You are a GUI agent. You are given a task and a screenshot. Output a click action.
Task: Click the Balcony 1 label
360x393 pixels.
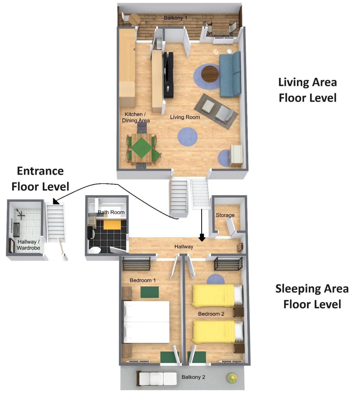175,18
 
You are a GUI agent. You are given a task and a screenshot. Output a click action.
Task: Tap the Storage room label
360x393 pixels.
225,215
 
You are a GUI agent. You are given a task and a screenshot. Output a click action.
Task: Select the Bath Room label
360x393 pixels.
111,212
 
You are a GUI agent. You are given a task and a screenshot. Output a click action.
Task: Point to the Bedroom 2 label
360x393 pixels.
211,314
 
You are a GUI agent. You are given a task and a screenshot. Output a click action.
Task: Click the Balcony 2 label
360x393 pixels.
193,377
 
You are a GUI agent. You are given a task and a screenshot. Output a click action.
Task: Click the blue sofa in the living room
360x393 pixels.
230,74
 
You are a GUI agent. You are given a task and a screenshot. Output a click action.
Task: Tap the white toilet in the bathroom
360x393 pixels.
95,250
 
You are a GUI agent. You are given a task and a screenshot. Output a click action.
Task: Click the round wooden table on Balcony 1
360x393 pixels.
135,19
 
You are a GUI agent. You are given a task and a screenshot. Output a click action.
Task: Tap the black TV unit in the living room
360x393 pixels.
169,75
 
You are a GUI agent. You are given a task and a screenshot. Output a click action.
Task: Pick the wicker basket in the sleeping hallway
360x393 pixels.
240,247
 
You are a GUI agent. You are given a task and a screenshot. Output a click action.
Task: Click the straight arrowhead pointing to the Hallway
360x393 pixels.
202,238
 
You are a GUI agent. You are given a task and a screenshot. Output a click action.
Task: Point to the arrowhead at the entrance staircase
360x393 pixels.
56,201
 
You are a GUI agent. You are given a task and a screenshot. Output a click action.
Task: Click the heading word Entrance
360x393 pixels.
40,171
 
